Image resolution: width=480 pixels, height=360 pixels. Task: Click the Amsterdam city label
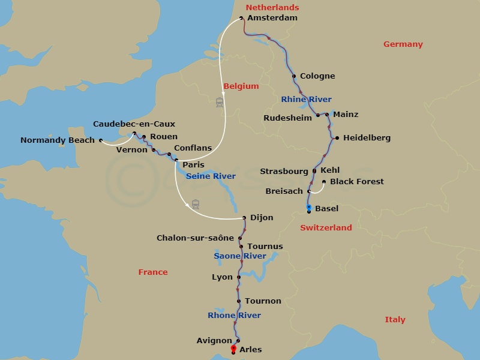(272, 18)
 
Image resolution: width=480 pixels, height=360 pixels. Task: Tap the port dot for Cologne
(293, 76)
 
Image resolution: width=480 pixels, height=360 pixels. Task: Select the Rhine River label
(306, 99)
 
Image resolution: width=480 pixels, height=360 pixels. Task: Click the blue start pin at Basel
(309, 208)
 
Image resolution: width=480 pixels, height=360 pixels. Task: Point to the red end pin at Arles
(233, 348)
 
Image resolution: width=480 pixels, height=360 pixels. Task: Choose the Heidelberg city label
(366, 138)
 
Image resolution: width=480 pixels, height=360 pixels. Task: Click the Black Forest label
(357, 181)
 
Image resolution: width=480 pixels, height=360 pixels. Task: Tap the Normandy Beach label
(58, 140)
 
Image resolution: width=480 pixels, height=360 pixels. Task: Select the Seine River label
(211, 176)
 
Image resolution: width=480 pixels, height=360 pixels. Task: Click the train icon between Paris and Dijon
(196, 204)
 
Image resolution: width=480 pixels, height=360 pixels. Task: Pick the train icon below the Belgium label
(220, 103)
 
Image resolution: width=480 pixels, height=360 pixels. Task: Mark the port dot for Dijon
(245, 218)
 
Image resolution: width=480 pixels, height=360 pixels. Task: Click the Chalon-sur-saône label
(195, 238)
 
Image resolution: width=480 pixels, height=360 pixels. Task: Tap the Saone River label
(240, 256)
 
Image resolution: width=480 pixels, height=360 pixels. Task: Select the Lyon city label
(222, 277)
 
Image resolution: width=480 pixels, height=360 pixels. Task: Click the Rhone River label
(234, 316)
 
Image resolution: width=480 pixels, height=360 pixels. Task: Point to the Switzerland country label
(326, 228)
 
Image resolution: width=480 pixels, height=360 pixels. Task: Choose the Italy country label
(395, 320)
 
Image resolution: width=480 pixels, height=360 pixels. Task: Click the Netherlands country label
(272, 7)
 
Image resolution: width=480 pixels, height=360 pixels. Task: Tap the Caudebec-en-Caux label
(134, 124)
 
